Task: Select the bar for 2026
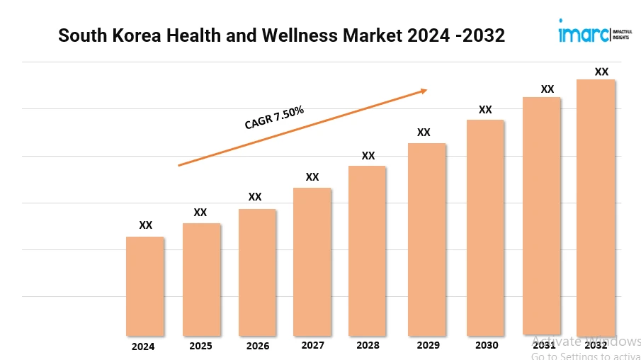(x=257, y=272)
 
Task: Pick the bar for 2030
(x=485, y=227)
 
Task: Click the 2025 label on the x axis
(x=200, y=347)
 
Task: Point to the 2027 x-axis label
(x=312, y=345)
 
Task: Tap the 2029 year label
(x=427, y=345)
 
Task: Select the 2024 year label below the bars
(x=143, y=347)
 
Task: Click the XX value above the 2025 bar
(x=200, y=212)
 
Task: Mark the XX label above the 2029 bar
(x=424, y=132)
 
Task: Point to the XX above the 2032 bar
(x=601, y=72)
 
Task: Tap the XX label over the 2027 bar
(x=312, y=176)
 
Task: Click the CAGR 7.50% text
(x=274, y=118)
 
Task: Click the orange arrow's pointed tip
(x=426, y=90)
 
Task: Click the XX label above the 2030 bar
(x=485, y=109)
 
